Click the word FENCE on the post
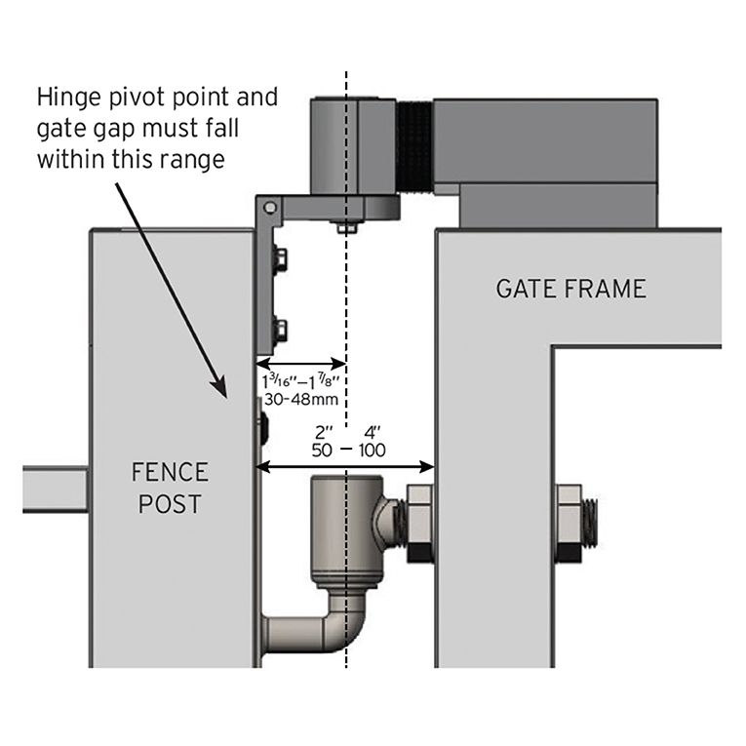(x=170, y=473)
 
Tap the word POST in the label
(x=170, y=505)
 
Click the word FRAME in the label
(x=609, y=289)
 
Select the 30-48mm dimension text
(x=301, y=398)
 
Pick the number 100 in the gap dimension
(x=372, y=451)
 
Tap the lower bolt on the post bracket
(x=279, y=328)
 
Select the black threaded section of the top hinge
(x=413, y=146)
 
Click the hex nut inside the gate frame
(x=570, y=523)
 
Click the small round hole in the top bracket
(x=272, y=207)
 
